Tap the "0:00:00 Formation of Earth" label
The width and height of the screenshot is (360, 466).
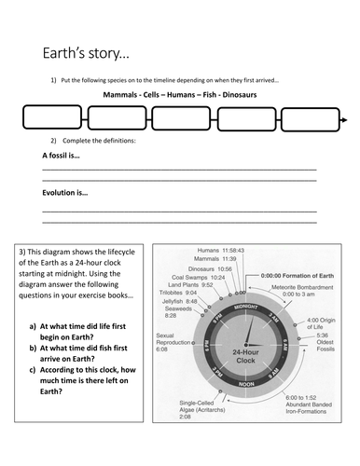click(297, 276)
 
